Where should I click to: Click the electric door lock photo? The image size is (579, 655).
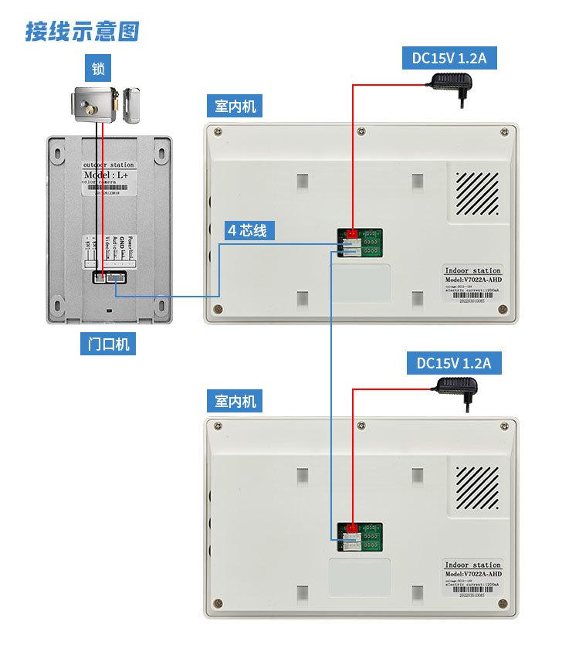pyautogui.click(x=104, y=107)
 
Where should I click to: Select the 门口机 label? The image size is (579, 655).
pyautogui.click(x=106, y=344)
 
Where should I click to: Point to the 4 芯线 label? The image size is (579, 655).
pyautogui.click(x=246, y=230)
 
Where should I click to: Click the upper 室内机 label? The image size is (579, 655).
pyautogui.click(x=235, y=106)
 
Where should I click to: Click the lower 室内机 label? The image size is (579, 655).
pyautogui.click(x=235, y=402)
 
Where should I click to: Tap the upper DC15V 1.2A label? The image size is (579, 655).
pyautogui.click(x=449, y=58)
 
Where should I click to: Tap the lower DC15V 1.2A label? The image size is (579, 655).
pyautogui.click(x=453, y=363)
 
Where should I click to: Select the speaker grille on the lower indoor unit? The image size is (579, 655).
pyautogui.click(x=475, y=488)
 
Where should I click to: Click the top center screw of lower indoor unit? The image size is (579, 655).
pyautogui.click(x=361, y=424)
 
